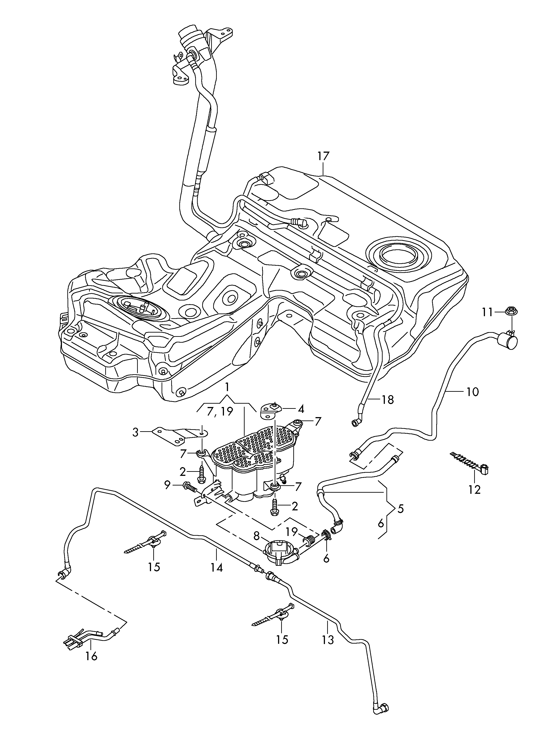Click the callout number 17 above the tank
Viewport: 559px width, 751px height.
(323, 156)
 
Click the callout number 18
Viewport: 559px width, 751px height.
(388, 400)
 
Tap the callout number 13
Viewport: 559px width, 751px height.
(328, 640)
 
